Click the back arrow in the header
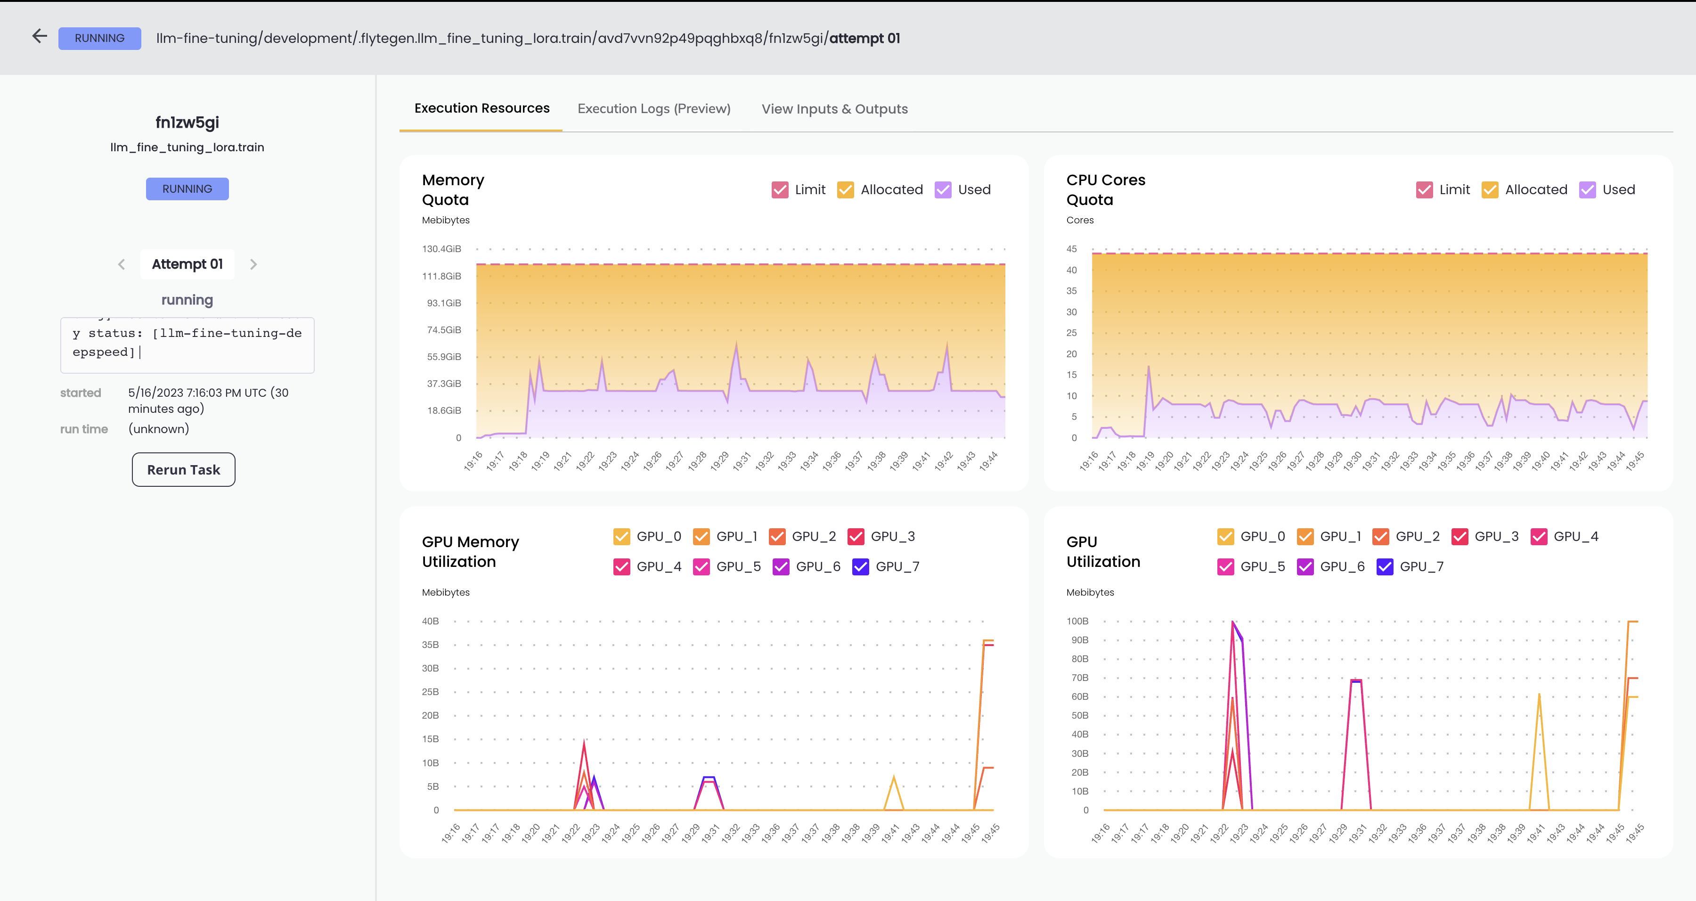click(x=40, y=36)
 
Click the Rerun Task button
click(x=183, y=470)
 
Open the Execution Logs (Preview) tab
click(x=654, y=109)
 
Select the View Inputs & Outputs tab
click(x=834, y=109)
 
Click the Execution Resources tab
click(x=481, y=108)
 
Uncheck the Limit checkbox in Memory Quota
click(x=780, y=190)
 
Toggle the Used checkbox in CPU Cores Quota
click(x=1587, y=190)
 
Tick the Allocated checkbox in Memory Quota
click(x=845, y=190)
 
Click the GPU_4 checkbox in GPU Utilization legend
click(x=1539, y=536)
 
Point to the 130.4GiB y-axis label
click(x=441, y=249)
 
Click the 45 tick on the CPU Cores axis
click(x=1071, y=249)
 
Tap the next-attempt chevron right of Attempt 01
click(x=253, y=264)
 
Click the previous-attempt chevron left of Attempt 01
click(x=121, y=264)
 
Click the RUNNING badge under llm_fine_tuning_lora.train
click(x=187, y=189)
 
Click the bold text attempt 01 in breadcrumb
click(x=864, y=38)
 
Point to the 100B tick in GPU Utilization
click(x=1077, y=621)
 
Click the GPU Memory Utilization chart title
click(x=470, y=551)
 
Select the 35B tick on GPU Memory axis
click(x=430, y=645)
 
